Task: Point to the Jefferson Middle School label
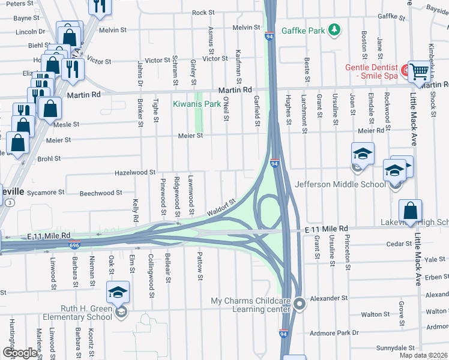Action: click(x=340, y=184)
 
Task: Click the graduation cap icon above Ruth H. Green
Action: click(x=118, y=293)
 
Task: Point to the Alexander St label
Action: click(x=328, y=298)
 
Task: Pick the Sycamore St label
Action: click(x=46, y=193)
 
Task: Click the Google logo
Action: click(x=20, y=353)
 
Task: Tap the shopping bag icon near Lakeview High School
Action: click(x=410, y=212)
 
